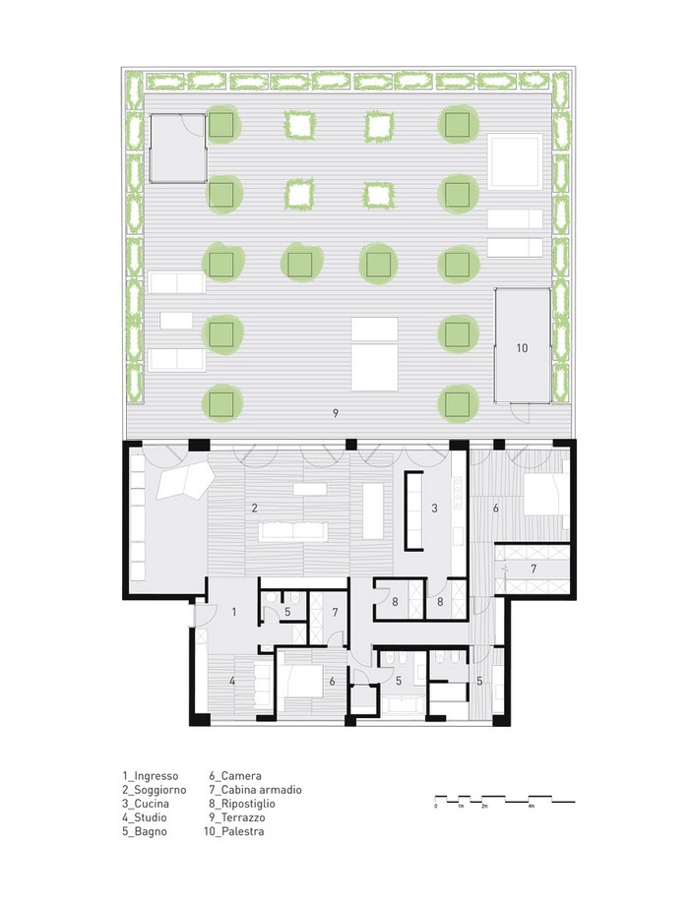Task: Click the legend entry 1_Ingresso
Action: tap(150, 776)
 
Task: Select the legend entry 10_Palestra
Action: tap(234, 831)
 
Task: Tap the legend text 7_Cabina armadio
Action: tap(255, 790)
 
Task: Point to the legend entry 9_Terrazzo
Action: tap(237, 817)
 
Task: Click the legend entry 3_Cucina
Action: tap(146, 804)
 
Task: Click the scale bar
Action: tap(505, 800)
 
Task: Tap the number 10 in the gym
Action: tap(522, 348)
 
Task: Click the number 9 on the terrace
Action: tap(336, 413)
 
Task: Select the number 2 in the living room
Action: tap(254, 508)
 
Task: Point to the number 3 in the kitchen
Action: tap(434, 508)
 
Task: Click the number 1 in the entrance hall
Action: tap(234, 612)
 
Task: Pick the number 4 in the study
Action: tap(232, 681)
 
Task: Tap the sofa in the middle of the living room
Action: tap(293, 530)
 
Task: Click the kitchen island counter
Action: tap(414, 511)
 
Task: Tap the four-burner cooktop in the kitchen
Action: tap(458, 491)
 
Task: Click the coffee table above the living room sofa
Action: tap(310, 489)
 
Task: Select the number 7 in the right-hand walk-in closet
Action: tap(533, 569)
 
